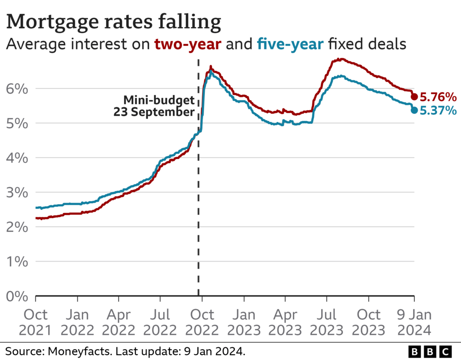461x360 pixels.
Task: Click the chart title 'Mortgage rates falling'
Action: pyautogui.click(x=114, y=22)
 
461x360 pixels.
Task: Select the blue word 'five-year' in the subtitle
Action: pyautogui.click(x=290, y=45)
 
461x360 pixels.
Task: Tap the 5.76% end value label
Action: pyautogui.click(x=438, y=97)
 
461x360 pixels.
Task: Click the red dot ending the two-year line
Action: pyautogui.click(x=414, y=97)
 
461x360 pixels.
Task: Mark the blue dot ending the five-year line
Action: pyautogui.click(x=414, y=110)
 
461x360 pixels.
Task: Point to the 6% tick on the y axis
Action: pyautogui.click(x=17, y=89)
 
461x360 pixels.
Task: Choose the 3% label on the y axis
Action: pyautogui.click(x=17, y=193)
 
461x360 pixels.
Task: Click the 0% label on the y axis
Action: pyautogui.click(x=17, y=296)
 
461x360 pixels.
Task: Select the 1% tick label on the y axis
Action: pyautogui.click(x=17, y=262)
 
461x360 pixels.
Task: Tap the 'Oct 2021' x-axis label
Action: pyautogui.click(x=36, y=321)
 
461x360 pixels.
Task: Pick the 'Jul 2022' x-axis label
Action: pyautogui.click(x=161, y=321)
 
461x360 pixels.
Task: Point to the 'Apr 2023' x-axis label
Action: pyautogui.click(x=285, y=321)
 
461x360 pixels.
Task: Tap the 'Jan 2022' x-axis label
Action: pyautogui.click(x=77, y=321)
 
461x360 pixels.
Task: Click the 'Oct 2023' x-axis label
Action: pyautogui.click(x=368, y=321)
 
